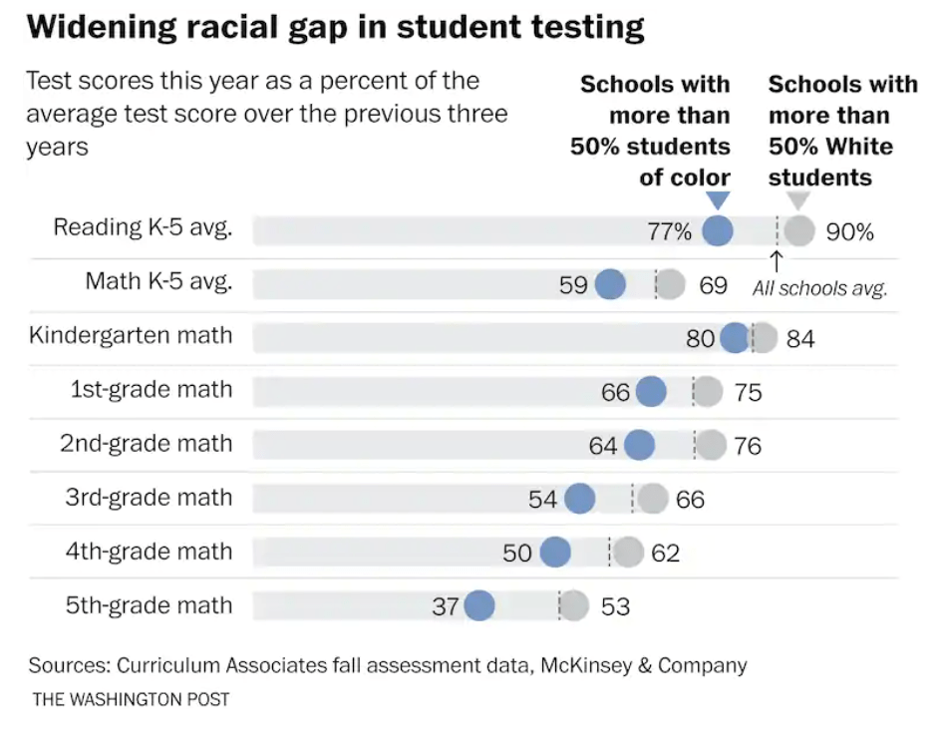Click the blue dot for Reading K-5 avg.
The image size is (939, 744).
pyautogui.click(x=718, y=231)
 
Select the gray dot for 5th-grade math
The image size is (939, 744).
pyautogui.click(x=574, y=605)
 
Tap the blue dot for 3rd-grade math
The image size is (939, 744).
pyautogui.click(x=579, y=499)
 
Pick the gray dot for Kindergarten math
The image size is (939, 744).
pyautogui.click(x=764, y=338)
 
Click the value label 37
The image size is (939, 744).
pyautogui.click(x=445, y=605)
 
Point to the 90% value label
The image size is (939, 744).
pyautogui.click(x=849, y=232)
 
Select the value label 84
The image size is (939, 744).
pyautogui.click(x=799, y=339)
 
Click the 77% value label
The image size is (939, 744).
pyautogui.click(x=669, y=232)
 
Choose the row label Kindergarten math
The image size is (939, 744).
pyautogui.click(x=131, y=335)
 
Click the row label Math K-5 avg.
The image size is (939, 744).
pyautogui.click(x=158, y=281)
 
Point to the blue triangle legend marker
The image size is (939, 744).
pyautogui.click(x=718, y=200)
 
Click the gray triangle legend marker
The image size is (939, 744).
pyautogui.click(x=798, y=200)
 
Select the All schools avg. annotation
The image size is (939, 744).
pyautogui.click(x=819, y=289)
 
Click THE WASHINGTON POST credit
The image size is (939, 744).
pyautogui.click(x=131, y=699)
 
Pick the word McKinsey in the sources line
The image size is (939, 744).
pyautogui.click(x=587, y=665)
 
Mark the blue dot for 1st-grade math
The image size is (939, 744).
pyautogui.click(x=650, y=392)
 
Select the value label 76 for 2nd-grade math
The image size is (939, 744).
pyautogui.click(x=747, y=446)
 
